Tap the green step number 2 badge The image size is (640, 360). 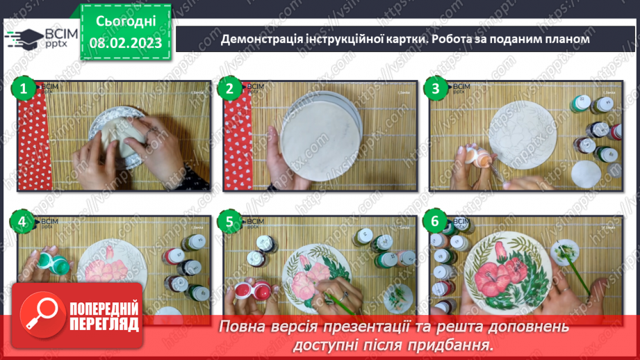click(x=229, y=88)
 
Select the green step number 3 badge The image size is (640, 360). click(x=436, y=88)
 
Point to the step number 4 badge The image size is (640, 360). click(x=23, y=222)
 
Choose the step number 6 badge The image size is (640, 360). click(x=436, y=222)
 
